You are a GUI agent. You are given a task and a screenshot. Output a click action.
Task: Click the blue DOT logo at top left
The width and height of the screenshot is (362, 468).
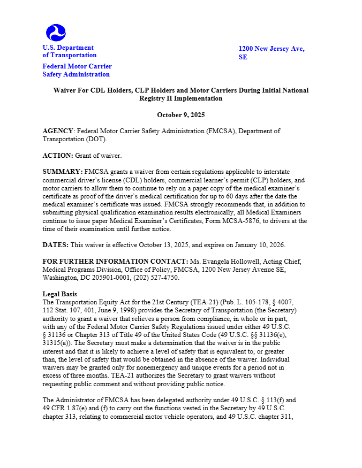56,33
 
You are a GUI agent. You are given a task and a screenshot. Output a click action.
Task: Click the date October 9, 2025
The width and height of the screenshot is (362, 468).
180,115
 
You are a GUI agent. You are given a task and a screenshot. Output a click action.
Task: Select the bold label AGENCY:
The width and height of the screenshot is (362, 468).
58,131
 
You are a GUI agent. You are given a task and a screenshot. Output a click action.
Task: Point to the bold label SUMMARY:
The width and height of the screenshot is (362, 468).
62,172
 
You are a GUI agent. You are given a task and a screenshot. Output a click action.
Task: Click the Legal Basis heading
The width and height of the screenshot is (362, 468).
59,294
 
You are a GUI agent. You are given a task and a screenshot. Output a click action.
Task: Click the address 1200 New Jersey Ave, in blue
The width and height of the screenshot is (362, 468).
271,49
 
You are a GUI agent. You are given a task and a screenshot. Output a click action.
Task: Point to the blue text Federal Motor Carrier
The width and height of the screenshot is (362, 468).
77,66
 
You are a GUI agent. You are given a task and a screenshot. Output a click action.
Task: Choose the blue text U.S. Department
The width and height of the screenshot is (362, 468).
68,48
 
